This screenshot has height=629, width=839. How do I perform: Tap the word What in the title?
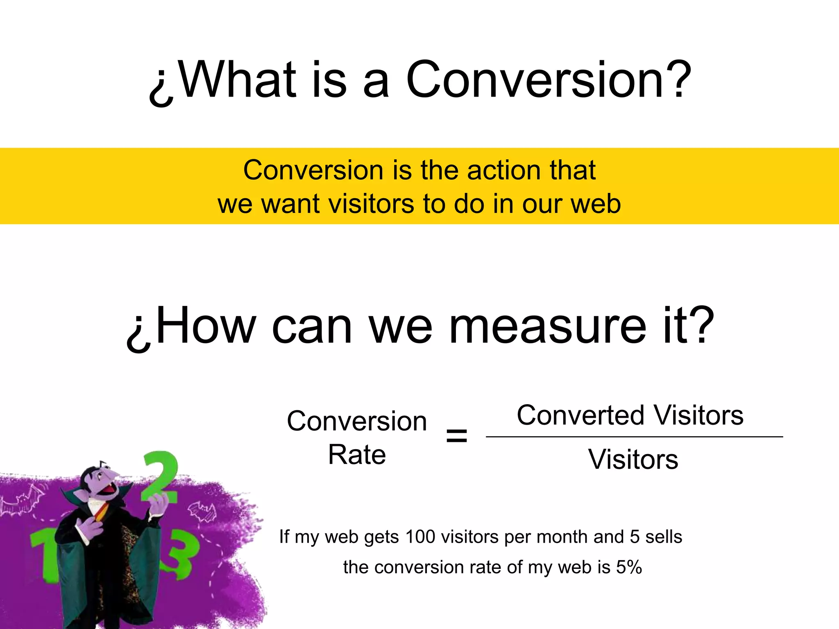[238, 80]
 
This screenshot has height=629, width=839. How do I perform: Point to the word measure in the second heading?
[547, 327]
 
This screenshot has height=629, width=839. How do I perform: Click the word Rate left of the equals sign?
[357, 455]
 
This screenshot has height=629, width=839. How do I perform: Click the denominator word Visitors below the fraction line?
[633, 459]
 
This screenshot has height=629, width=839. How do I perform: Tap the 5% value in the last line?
[629, 567]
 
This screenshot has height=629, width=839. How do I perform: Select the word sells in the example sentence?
[664, 537]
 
